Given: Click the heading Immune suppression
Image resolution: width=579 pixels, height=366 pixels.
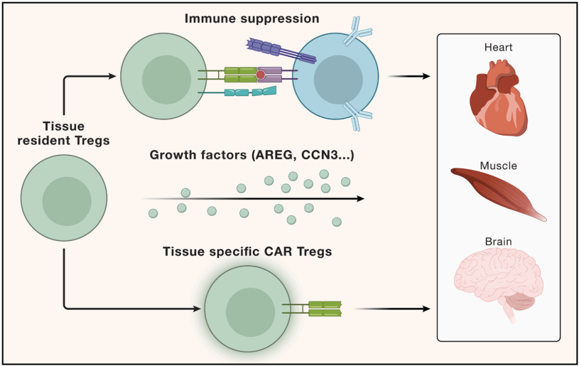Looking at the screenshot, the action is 252,19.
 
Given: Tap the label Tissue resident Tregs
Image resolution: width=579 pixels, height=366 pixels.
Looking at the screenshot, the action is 63,133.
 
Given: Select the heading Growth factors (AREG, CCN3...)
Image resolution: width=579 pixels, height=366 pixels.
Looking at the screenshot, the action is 252,155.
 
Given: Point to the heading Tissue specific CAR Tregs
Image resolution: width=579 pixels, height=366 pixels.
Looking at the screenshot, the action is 247,252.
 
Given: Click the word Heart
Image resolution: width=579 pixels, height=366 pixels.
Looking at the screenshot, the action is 499,47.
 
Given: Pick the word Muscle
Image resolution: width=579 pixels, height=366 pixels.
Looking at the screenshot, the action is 499,166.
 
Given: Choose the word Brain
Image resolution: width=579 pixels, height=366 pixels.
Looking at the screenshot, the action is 499,242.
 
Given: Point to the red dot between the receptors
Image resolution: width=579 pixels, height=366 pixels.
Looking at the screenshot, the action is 261,74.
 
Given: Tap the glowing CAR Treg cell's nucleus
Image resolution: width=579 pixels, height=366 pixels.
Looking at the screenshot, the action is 250,312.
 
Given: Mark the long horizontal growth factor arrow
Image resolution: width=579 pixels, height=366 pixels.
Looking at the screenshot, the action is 253,199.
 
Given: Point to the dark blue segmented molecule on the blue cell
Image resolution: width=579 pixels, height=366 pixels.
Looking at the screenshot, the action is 280,51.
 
